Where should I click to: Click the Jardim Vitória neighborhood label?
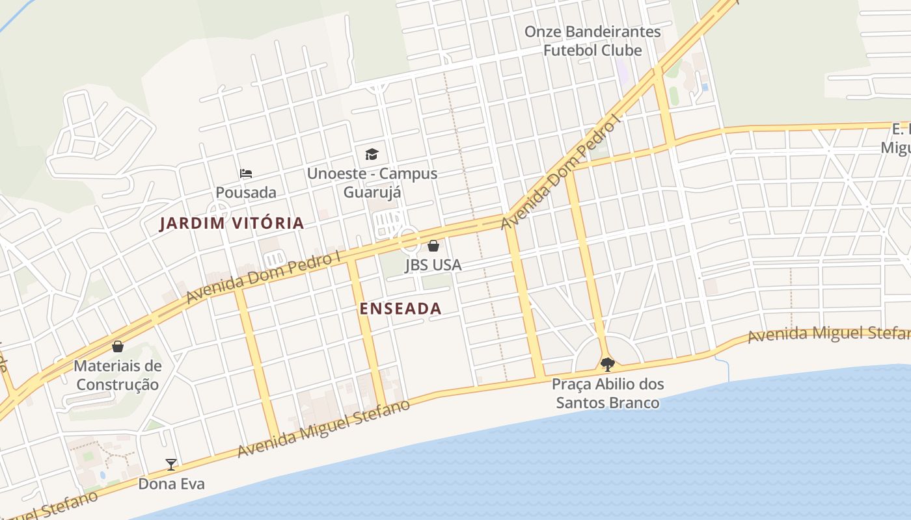(x=232, y=223)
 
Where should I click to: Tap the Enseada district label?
(x=400, y=309)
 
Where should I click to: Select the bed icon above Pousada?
(x=245, y=174)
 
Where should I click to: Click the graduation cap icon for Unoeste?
(x=372, y=154)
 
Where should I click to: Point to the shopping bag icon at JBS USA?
(x=433, y=246)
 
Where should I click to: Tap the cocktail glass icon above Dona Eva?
(x=171, y=464)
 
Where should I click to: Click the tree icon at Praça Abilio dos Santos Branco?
(x=608, y=364)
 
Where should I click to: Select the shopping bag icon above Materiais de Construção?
(x=118, y=346)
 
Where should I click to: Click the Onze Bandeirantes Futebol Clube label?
(x=592, y=41)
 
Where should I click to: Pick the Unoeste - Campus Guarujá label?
(x=372, y=183)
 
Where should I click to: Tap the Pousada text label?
(x=246, y=192)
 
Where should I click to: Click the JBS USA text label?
(x=433, y=265)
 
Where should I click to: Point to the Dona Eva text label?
(x=171, y=484)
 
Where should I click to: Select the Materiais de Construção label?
(x=117, y=375)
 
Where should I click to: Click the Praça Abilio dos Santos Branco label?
(x=608, y=393)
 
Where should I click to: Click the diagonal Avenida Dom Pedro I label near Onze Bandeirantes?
(x=561, y=172)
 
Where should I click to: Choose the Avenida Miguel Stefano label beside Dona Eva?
(x=323, y=428)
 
